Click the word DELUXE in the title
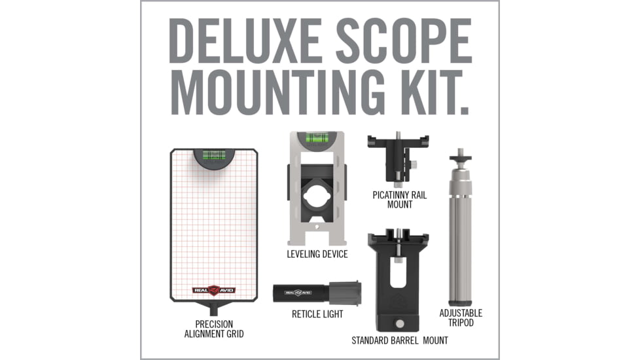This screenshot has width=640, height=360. tap(244, 41)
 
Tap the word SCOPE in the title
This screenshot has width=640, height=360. tap(404, 41)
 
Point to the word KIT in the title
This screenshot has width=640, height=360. tap(435, 92)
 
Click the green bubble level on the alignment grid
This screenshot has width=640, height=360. tap(214, 154)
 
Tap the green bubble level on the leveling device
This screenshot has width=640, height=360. tap(317, 137)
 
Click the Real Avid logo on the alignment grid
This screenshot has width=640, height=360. tap(213, 290)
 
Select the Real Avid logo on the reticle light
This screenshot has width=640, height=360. tap(298, 293)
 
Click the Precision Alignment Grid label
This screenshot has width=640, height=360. tap(214, 329)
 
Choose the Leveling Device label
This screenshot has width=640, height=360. tap(317, 254)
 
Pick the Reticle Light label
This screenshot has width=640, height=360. tap(317, 314)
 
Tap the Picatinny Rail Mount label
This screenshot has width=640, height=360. tap(400, 200)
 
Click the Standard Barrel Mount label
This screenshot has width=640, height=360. tap(400, 340)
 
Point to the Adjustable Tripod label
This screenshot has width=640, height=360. tap(461, 317)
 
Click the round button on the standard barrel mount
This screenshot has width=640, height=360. tap(400, 324)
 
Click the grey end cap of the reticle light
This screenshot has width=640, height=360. tap(344, 293)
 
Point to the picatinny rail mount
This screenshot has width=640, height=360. tap(399, 158)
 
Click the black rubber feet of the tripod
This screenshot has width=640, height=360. tap(461, 303)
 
